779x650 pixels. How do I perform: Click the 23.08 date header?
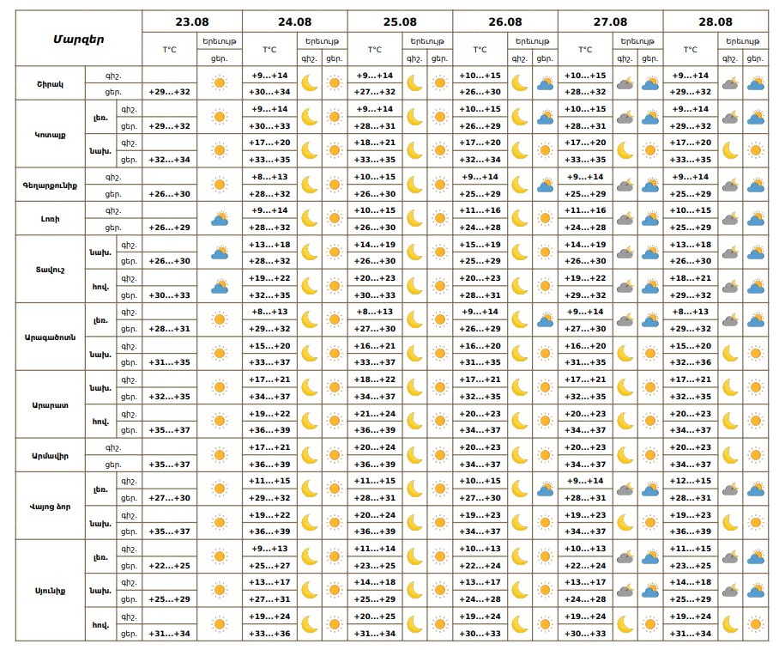click(192, 22)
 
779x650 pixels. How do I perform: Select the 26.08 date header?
click(504, 22)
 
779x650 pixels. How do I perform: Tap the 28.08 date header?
click(715, 22)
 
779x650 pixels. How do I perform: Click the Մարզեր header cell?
click(78, 39)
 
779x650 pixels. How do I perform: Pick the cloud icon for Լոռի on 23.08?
click(220, 219)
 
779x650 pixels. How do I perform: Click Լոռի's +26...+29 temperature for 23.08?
click(170, 227)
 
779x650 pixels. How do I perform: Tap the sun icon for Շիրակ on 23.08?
click(220, 83)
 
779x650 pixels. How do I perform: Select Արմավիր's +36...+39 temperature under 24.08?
click(270, 464)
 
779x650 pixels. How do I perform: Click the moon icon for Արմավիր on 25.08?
click(414, 455)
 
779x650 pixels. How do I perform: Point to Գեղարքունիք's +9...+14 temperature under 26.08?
click(480, 177)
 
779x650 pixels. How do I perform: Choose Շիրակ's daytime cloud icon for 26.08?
click(545, 83)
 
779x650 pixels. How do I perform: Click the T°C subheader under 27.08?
click(585, 50)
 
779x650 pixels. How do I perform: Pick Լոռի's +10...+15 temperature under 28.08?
click(691, 210)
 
